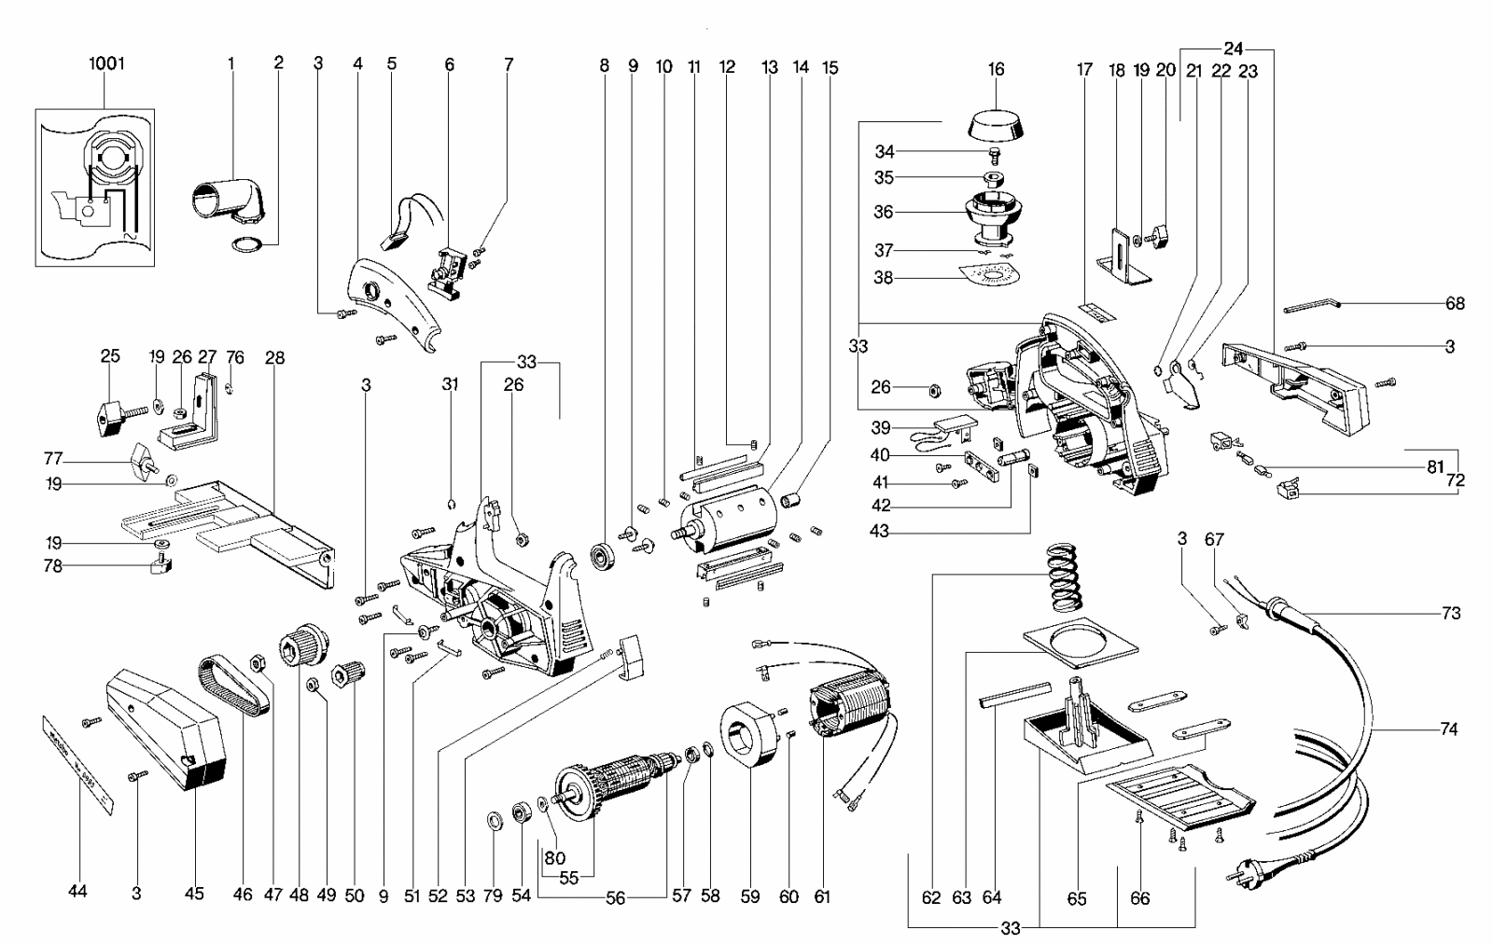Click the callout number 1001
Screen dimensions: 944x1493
click(x=105, y=64)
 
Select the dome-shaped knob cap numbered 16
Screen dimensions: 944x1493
click(x=997, y=124)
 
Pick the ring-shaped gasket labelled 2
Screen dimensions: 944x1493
click(x=246, y=271)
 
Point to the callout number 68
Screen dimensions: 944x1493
click(x=1455, y=303)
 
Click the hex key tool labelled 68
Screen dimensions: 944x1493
click(x=1311, y=305)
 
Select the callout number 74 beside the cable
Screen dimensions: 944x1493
click(x=1448, y=730)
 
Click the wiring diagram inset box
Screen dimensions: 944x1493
click(x=94, y=187)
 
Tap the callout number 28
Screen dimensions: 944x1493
click(x=274, y=357)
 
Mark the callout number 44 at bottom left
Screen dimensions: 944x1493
click(x=77, y=893)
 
